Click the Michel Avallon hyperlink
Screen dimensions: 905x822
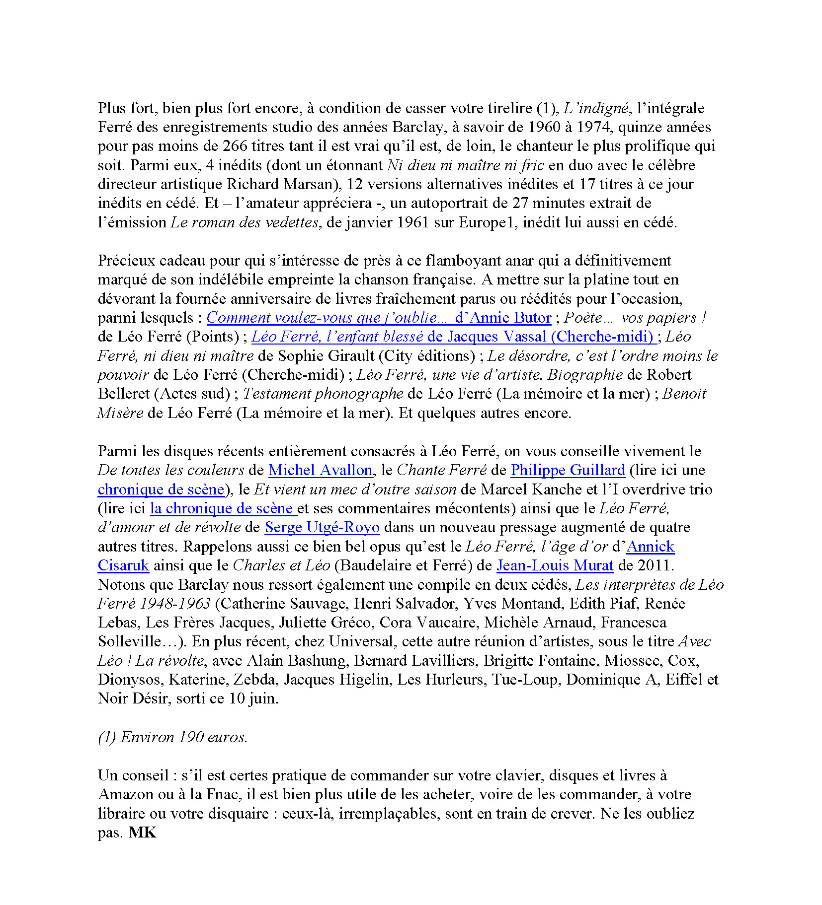point(320,470)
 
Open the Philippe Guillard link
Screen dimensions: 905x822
point(568,470)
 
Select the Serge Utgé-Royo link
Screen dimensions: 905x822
point(322,527)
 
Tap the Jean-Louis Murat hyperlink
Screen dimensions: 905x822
point(555,565)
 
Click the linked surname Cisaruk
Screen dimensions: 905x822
point(123,565)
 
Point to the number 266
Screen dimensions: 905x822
point(235,146)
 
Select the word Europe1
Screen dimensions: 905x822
point(485,222)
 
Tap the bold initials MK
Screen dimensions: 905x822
point(143,833)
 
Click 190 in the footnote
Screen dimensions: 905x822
point(191,737)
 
